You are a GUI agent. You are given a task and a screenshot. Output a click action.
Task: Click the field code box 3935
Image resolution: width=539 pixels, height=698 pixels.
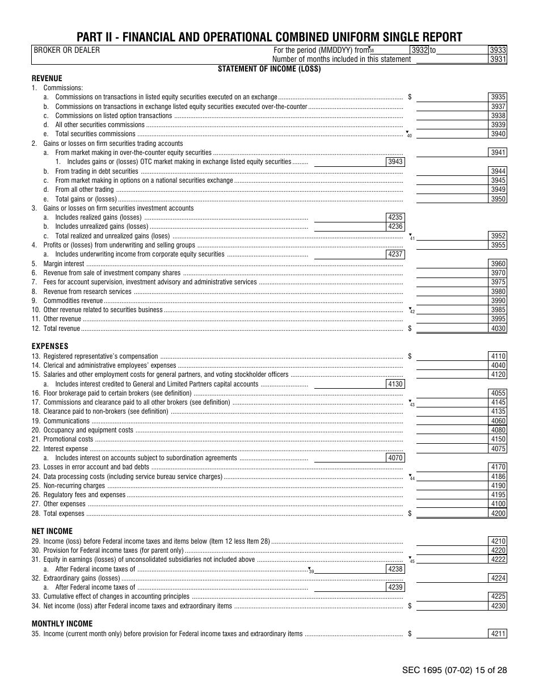tap(498, 98)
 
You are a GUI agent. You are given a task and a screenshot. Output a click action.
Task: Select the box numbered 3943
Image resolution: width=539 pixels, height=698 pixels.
tap(395, 162)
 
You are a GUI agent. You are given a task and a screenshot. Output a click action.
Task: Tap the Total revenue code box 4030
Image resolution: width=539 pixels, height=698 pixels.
tap(498, 329)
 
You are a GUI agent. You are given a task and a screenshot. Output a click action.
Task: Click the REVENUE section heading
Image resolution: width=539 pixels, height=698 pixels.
tap(47, 78)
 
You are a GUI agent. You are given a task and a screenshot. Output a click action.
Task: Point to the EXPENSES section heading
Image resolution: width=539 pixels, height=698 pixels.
tap(50, 346)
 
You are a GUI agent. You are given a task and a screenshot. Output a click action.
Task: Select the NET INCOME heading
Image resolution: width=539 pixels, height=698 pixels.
tap(52, 531)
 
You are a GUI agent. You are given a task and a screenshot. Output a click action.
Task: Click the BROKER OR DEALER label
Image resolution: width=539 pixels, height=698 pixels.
tap(67, 50)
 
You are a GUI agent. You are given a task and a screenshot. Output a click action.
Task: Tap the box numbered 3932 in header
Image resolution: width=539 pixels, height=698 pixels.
tap(420, 50)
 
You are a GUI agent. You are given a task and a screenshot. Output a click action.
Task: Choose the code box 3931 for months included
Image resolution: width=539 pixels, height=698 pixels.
tap(498, 59)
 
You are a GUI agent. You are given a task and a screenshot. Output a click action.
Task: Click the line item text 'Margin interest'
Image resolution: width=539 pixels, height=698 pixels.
tap(64, 264)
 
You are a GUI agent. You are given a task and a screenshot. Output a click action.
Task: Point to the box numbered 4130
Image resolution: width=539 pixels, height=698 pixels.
tap(395, 384)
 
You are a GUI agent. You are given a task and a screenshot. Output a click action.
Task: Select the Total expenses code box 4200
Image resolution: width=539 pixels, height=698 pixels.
tap(498, 514)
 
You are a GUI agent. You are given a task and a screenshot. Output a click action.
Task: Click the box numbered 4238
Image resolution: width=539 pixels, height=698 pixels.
tap(395, 569)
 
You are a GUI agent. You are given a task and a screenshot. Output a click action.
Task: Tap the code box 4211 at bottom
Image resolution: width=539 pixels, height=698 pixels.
tap(498, 634)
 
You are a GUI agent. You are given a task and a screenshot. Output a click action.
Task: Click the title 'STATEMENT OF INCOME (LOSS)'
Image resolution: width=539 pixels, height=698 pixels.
tap(269, 69)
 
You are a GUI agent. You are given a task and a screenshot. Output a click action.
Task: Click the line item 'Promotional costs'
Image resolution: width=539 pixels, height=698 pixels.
tap(68, 439)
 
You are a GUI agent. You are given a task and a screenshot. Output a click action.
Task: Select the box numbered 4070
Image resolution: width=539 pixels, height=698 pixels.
tap(395, 458)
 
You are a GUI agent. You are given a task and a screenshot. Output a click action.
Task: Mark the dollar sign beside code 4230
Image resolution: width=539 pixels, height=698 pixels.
tap(410, 606)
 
